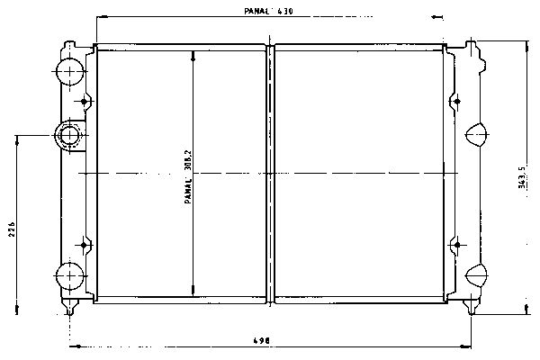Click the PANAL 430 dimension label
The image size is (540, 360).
(268, 12)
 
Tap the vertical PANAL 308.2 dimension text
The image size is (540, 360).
(188, 176)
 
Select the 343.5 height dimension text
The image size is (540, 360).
(522, 177)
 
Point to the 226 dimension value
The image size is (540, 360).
(12, 229)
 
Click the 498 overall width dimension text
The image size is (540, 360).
(262, 341)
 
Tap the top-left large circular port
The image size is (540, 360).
(70, 72)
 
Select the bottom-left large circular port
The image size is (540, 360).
(70, 276)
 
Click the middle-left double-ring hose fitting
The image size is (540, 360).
(69, 135)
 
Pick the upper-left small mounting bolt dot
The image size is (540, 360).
(84, 102)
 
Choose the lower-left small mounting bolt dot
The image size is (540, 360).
(84, 245)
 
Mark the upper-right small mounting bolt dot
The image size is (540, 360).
(457, 102)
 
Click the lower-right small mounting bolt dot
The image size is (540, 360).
(457, 245)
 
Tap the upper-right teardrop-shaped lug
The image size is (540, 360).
(477, 134)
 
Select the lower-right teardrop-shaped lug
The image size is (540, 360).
(477, 275)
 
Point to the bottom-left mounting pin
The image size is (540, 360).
(70, 307)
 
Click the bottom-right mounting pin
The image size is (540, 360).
(471, 307)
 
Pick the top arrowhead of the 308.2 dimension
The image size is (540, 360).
(193, 56)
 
